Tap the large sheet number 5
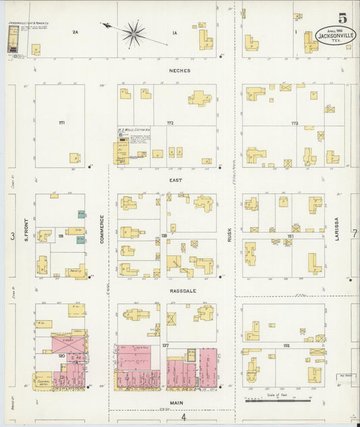(x=343, y=18)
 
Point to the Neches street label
(x=180, y=70)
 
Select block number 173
(x=294, y=124)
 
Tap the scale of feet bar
(x=270, y=400)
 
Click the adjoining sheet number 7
(x=354, y=234)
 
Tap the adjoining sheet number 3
(x=12, y=236)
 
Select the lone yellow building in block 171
(x=74, y=157)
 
